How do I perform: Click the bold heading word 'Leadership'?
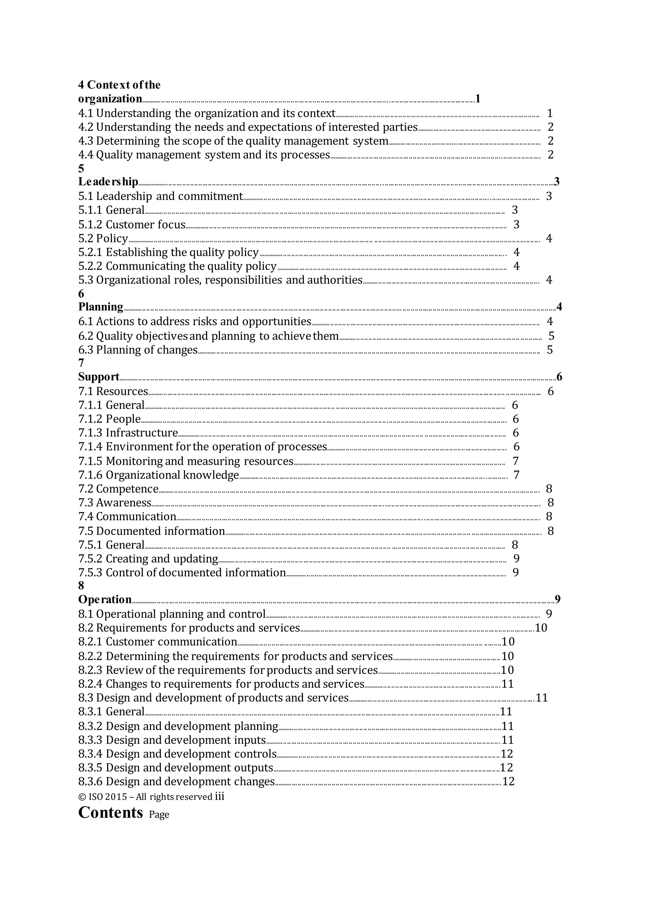coord(108,182)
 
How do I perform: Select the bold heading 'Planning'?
coord(100,307)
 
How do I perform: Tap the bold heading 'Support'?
coord(99,377)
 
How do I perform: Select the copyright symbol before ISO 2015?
coord(82,797)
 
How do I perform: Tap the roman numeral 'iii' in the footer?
coord(219,796)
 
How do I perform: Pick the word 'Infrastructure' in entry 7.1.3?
coord(141,433)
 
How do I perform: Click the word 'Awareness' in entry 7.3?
coord(123,503)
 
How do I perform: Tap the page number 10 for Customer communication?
coord(508,641)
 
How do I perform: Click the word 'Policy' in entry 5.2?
coord(112,238)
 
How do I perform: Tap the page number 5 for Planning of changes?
coord(550,350)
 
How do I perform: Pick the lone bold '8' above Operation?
coord(81,585)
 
